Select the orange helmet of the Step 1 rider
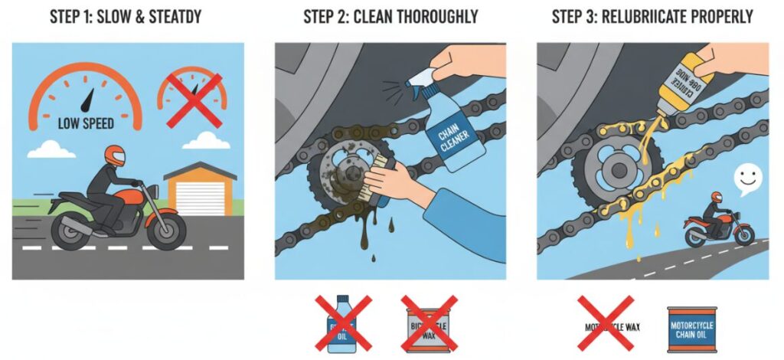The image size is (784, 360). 114,155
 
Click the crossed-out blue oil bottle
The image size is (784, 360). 339,324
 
